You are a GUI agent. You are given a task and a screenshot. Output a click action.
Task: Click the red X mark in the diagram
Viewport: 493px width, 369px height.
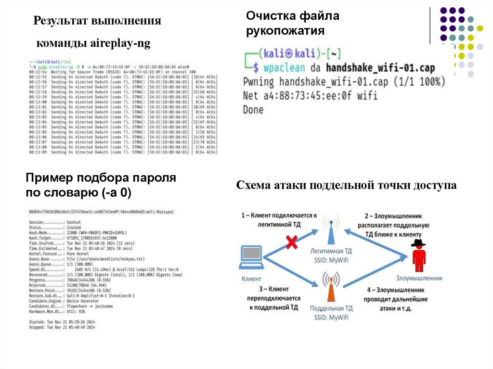(x=291, y=242)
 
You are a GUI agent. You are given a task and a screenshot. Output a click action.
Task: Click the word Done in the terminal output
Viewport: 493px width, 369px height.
(x=254, y=110)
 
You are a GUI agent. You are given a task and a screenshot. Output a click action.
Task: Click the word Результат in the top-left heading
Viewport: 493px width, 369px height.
(x=61, y=21)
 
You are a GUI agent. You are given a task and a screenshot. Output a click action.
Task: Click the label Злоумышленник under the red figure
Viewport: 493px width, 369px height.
(x=419, y=278)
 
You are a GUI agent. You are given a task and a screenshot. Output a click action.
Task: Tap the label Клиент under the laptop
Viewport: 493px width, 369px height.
(x=251, y=279)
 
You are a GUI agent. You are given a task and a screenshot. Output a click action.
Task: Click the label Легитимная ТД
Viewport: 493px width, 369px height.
(x=331, y=251)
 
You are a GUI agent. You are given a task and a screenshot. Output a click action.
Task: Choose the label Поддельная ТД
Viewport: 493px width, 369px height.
(x=331, y=308)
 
